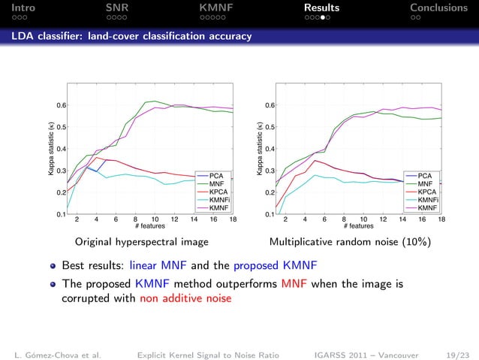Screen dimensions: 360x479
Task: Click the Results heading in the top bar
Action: click(x=321, y=8)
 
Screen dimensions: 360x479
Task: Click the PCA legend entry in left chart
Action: click(x=218, y=175)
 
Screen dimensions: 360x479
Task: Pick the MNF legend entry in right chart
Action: click(x=425, y=183)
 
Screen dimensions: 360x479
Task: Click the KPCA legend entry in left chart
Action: click(x=219, y=191)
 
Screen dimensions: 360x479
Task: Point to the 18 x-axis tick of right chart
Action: click(x=441, y=220)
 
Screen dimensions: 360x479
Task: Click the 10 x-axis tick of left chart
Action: click(x=155, y=220)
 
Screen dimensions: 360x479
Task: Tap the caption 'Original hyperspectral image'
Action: click(x=141, y=243)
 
